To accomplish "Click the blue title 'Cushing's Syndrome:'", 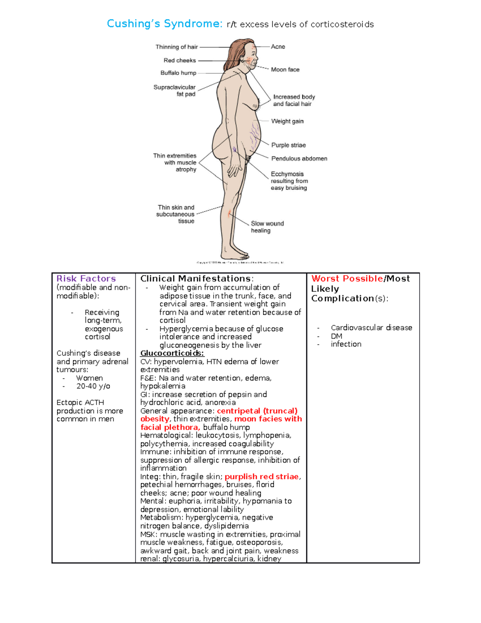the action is [x=164, y=24].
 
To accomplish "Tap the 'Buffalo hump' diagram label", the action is [x=178, y=73].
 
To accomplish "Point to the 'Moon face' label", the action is [x=285, y=69].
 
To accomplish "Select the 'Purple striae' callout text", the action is [x=288, y=145].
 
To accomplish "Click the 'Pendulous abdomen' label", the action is [x=299, y=158].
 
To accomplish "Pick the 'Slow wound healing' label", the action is [x=267, y=227].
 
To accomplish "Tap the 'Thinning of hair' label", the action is [x=177, y=47].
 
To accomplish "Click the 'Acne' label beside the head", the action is [x=278, y=47].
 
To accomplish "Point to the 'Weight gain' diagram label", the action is [x=287, y=121].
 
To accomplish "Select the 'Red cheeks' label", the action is [x=180, y=61].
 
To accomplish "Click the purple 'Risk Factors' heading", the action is [x=86, y=278].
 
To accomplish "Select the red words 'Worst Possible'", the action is [x=347, y=278].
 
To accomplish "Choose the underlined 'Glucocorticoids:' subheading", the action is [x=172, y=353].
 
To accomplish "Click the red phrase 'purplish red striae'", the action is [x=262, y=477].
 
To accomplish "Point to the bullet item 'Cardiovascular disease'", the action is [x=371, y=328].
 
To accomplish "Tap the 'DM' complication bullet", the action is [x=336, y=336].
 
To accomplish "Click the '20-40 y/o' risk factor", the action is [x=93, y=386].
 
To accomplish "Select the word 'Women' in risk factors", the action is [x=89, y=378].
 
